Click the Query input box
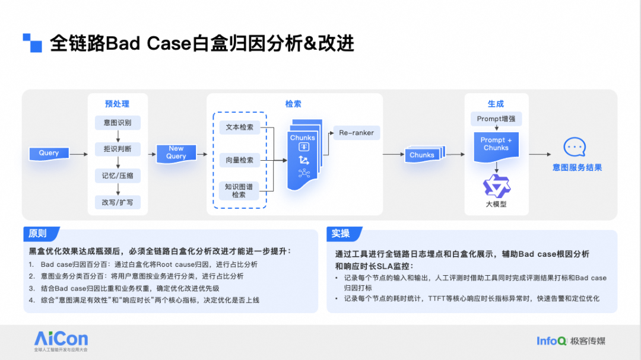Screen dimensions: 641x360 tap(49, 154)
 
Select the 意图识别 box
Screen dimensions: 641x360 tap(118, 123)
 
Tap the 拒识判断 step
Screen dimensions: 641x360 tap(118, 149)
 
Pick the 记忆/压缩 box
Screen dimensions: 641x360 tap(118, 176)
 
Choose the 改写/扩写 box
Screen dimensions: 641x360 tap(118, 202)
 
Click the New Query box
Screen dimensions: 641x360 tap(176, 154)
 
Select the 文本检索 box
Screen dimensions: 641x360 tap(240, 127)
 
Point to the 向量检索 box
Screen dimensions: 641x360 tap(240, 160)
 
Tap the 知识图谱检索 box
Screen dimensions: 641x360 tap(239, 191)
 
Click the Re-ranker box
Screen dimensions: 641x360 tap(357, 133)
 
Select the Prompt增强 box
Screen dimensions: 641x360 tap(496, 119)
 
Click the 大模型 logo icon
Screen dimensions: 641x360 tap(496, 187)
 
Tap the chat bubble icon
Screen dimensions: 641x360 tap(575, 147)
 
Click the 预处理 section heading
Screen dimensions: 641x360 tap(118, 104)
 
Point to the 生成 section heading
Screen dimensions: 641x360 tap(496, 104)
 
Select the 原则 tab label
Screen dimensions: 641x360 tap(38, 234)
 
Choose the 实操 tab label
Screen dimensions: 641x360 tap(341, 234)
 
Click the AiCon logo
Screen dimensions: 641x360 tap(61, 341)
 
